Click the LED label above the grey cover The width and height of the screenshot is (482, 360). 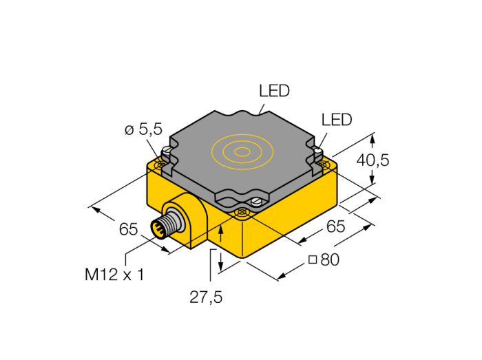(274, 91)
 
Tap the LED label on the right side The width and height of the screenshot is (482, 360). (337, 120)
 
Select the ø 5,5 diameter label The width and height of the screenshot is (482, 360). (143, 129)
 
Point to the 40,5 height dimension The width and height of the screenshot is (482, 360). (373, 160)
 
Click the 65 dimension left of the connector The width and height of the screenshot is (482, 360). (128, 229)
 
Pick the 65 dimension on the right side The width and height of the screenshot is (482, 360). (336, 226)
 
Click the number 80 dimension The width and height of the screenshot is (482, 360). (330, 260)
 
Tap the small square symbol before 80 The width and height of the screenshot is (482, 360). (313, 260)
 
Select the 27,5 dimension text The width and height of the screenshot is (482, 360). (206, 297)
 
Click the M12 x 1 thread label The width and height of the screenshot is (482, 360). (114, 274)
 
